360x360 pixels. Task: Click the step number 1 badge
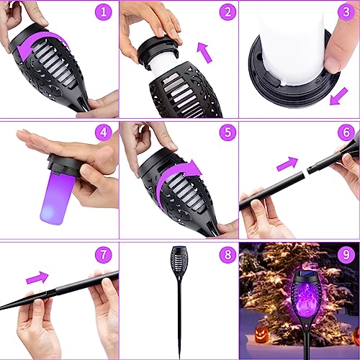point(106,13)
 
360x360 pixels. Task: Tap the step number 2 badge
point(226,13)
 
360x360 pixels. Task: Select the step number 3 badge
point(346,13)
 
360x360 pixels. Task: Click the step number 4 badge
point(106,132)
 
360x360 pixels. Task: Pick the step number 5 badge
point(226,132)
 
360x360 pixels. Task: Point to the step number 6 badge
point(346,132)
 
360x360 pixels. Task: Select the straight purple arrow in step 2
point(205,52)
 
